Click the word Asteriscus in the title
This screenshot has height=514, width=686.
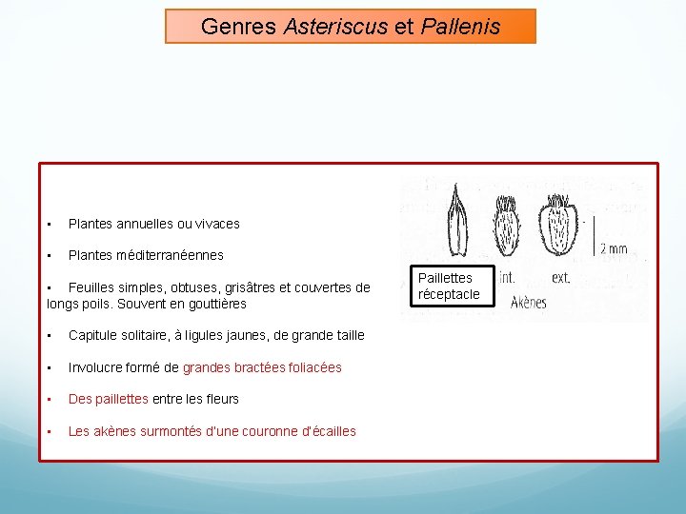pos(334,27)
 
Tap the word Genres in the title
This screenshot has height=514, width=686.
pos(239,27)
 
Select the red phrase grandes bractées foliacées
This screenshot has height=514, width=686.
pos(262,367)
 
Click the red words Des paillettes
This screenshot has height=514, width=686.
pos(109,399)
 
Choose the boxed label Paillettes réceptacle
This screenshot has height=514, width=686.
pos(449,286)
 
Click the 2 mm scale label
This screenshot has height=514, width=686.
pos(613,248)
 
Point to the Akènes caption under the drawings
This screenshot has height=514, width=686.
pos(529,304)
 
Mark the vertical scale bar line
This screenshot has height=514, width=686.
pos(594,237)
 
